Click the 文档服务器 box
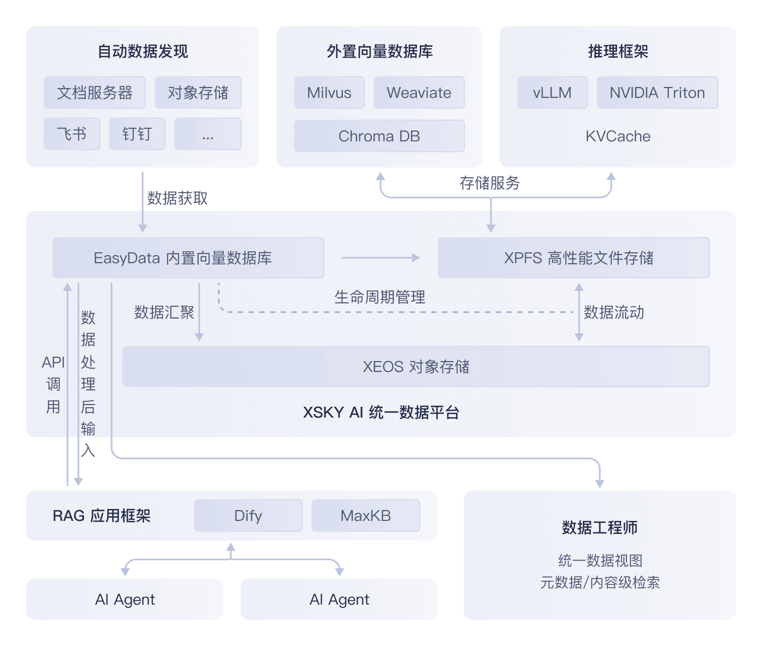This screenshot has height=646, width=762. pyautogui.click(x=95, y=92)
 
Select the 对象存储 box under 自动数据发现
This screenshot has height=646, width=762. pyautogui.click(x=198, y=92)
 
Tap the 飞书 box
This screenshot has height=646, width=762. pyautogui.click(x=72, y=134)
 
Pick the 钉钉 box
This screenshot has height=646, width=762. pyautogui.click(x=137, y=134)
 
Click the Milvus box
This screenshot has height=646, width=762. pyautogui.click(x=329, y=92)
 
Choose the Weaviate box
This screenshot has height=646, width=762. pyautogui.click(x=419, y=92)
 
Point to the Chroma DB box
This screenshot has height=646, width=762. pyautogui.click(x=379, y=136)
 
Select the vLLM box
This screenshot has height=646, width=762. pyautogui.click(x=552, y=92)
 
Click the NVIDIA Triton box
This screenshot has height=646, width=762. pyautogui.click(x=657, y=92)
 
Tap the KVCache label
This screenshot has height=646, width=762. pyautogui.click(x=618, y=136)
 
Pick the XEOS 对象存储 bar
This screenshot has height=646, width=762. pyautogui.click(x=416, y=367)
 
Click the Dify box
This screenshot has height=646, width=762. pyautogui.click(x=248, y=515)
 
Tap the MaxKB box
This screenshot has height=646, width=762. pyautogui.click(x=366, y=515)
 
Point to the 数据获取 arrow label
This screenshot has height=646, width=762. pyautogui.click(x=177, y=198)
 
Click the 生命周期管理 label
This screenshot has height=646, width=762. pyautogui.click(x=380, y=297)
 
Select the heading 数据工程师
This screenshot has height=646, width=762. pyautogui.click(x=600, y=527)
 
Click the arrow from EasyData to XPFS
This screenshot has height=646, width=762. pyautogui.click(x=380, y=258)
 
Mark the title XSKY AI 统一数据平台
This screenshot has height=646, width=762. pyautogui.click(x=381, y=412)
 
